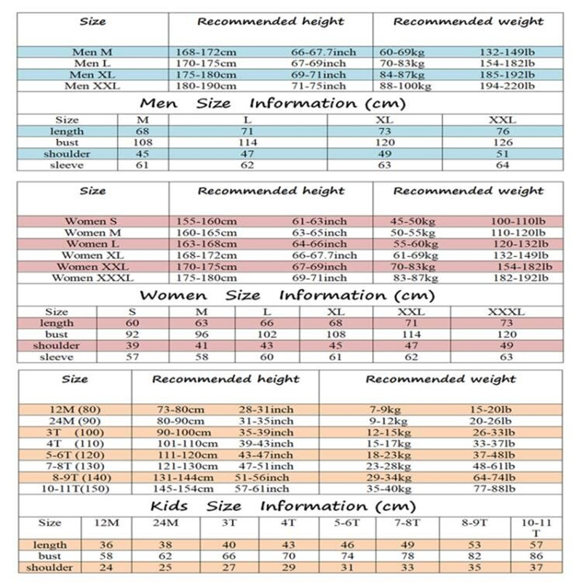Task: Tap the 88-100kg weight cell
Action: pyautogui.click(x=405, y=86)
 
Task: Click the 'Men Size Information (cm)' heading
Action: pyautogui.click(x=272, y=103)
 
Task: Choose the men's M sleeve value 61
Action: pyautogui.click(x=143, y=165)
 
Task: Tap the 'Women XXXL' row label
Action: pyautogui.click(x=92, y=278)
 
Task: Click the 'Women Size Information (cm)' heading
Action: pyautogui.click(x=287, y=295)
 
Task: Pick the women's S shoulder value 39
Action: pyautogui.click(x=132, y=346)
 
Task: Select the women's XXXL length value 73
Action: pyautogui.click(x=506, y=323)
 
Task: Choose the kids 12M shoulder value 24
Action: pyautogui.click(x=106, y=567)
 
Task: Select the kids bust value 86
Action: pyautogui.click(x=537, y=556)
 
